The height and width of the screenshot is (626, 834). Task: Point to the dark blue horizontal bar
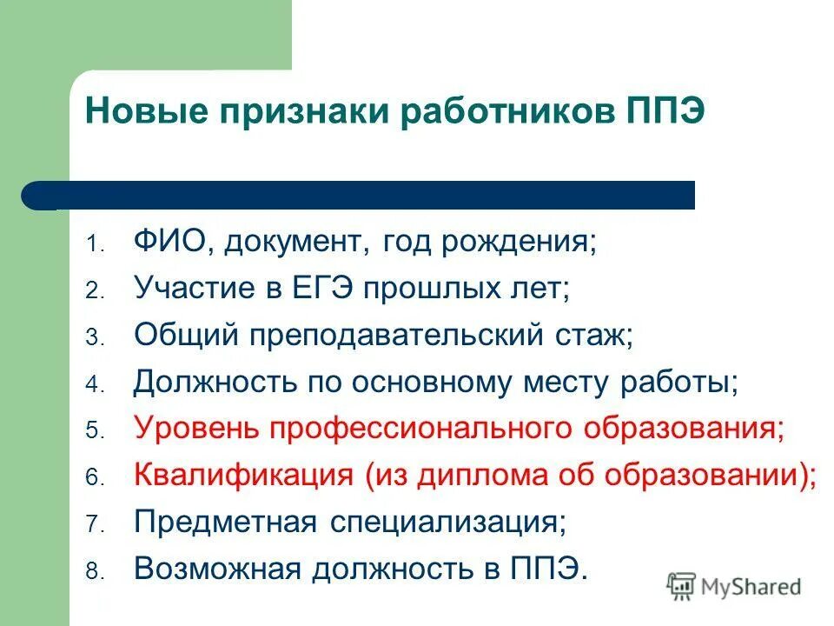(365, 196)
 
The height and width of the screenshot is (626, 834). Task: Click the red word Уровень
(197, 429)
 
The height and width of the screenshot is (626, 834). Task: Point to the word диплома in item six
(487, 476)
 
